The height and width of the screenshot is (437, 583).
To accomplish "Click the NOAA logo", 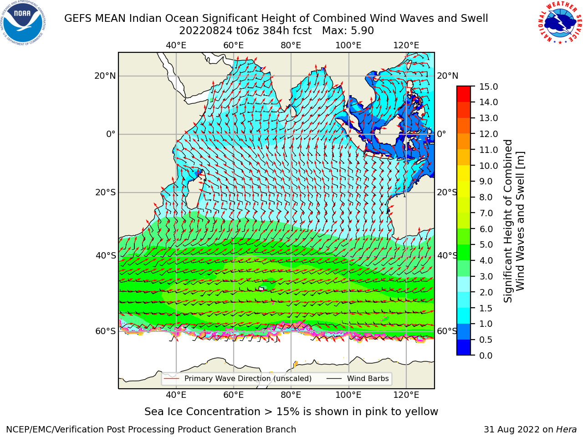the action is (x=23, y=23).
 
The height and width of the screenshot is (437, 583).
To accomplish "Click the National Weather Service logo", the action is (x=560, y=23).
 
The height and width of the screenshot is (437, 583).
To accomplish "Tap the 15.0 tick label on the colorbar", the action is (x=488, y=86).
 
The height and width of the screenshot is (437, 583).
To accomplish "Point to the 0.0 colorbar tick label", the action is (x=486, y=356).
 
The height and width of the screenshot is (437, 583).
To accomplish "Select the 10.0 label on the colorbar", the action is (x=488, y=166).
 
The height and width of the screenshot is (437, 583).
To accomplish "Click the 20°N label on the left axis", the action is (x=105, y=76).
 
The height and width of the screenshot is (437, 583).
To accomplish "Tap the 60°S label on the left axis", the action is (x=106, y=331).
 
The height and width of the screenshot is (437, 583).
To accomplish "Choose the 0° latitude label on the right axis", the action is (x=441, y=134).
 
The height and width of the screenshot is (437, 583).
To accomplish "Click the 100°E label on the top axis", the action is (x=348, y=46).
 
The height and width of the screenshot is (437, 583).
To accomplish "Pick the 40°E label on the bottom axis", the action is (x=176, y=395).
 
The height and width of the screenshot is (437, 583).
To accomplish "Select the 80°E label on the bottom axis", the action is (x=291, y=395).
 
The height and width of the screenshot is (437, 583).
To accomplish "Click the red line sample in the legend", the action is (x=172, y=379).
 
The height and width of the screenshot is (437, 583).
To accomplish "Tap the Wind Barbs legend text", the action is (x=368, y=378).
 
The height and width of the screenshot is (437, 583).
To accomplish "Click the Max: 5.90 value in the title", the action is (x=348, y=31).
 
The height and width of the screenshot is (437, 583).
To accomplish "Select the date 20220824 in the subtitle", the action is (x=206, y=31).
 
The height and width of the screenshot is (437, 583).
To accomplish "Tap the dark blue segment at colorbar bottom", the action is (x=464, y=347).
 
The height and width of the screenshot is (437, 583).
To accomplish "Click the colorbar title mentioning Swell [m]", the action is (x=520, y=221).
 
